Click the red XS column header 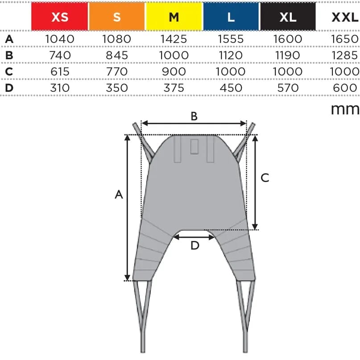tap(59, 17)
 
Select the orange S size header tap(117, 17)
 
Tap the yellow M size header tap(174, 17)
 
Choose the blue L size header tap(231, 17)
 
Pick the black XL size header tap(288, 17)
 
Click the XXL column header tap(345, 17)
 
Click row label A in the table tap(9, 39)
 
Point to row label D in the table tap(9, 87)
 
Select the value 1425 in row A tap(174, 39)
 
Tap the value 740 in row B tap(60, 55)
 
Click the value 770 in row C tap(117, 71)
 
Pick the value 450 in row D tap(231, 87)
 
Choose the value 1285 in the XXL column tap(345, 55)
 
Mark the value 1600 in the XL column tap(288, 39)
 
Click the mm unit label tap(345, 108)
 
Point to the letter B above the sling tap(194, 116)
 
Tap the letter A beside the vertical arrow tap(119, 194)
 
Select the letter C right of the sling tap(265, 178)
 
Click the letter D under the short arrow tap(194, 246)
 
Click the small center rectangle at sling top tap(194, 147)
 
